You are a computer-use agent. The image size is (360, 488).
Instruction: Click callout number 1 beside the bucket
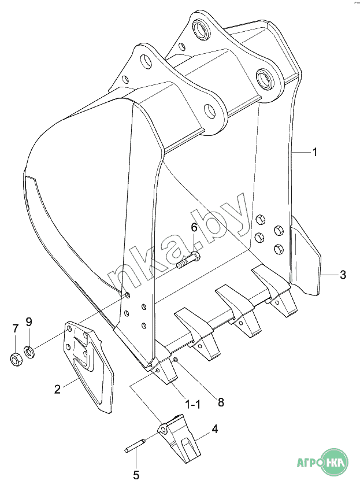pos(315,152)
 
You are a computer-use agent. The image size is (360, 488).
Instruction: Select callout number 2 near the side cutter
pos(57,389)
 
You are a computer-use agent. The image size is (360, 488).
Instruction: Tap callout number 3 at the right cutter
pos(343,275)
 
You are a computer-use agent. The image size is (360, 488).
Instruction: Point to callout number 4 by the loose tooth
pos(215,429)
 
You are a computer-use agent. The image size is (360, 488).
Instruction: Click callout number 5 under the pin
pos(136,475)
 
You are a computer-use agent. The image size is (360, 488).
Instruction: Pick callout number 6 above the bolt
pos(194,227)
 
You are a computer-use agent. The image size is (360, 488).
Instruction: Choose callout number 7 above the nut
pos(16,328)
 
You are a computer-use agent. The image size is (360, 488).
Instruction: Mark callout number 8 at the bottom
pos(221,402)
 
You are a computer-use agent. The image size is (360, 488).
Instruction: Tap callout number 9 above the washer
pos(29,321)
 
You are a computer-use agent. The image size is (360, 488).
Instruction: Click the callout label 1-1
pos(192,405)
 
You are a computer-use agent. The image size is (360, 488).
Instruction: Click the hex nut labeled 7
pos(16,359)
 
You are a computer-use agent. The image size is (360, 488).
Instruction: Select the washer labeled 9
pos(29,352)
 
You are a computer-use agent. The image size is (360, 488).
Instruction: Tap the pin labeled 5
pos(135,445)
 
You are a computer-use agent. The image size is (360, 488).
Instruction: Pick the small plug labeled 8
pos(175,360)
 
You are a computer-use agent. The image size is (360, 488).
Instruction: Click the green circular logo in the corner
pos(334,461)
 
